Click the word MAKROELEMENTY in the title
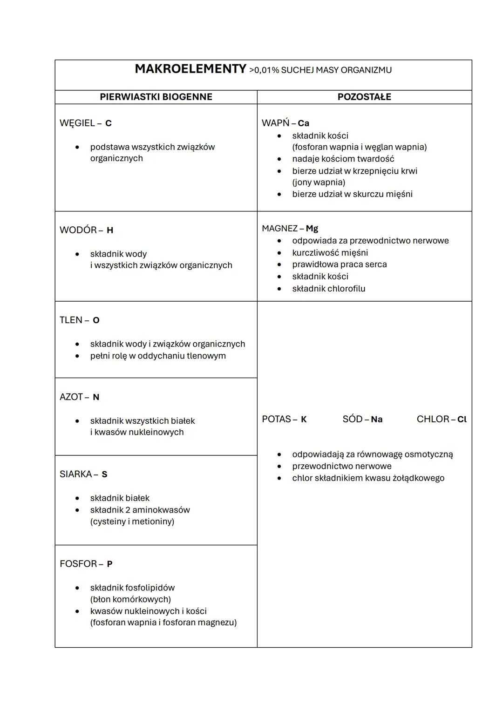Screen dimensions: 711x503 pyautogui.click(x=190, y=69)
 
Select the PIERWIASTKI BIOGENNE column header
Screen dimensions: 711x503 pyautogui.click(x=156, y=97)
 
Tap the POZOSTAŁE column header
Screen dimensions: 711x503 pyautogui.click(x=364, y=97)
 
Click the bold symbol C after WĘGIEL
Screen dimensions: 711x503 pyautogui.click(x=109, y=123)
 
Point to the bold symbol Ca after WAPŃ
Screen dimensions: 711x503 pyautogui.click(x=303, y=123)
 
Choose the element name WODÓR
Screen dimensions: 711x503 pyautogui.click(x=78, y=230)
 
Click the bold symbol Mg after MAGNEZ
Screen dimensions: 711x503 pyautogui.click(x=312, y=229)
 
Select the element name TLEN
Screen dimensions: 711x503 pyautogui.click(x=71, y=320)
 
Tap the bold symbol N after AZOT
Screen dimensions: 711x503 pyautogui.click(x=96, y=397)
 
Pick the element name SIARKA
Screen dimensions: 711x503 pyautogui.click(x=76, y=474)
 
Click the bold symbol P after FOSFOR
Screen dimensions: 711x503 pyautogui.click(x=109, y=564)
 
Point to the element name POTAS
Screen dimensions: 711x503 pyautogui.click(x=276, y=419)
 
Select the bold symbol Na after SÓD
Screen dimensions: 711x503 pyautogui.click(x=376, y=420)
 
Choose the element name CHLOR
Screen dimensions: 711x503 pyautogui.click(x=433, y=419)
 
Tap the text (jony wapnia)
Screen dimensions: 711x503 pyautogui.click(x=319, y=182)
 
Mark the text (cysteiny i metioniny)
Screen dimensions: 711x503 pyautogui.click(x=132, y=521)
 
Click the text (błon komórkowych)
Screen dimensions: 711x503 pyautogui.click(x=130, y=599)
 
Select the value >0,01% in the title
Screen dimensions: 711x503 pyautogui.click(x=264, y=70)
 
